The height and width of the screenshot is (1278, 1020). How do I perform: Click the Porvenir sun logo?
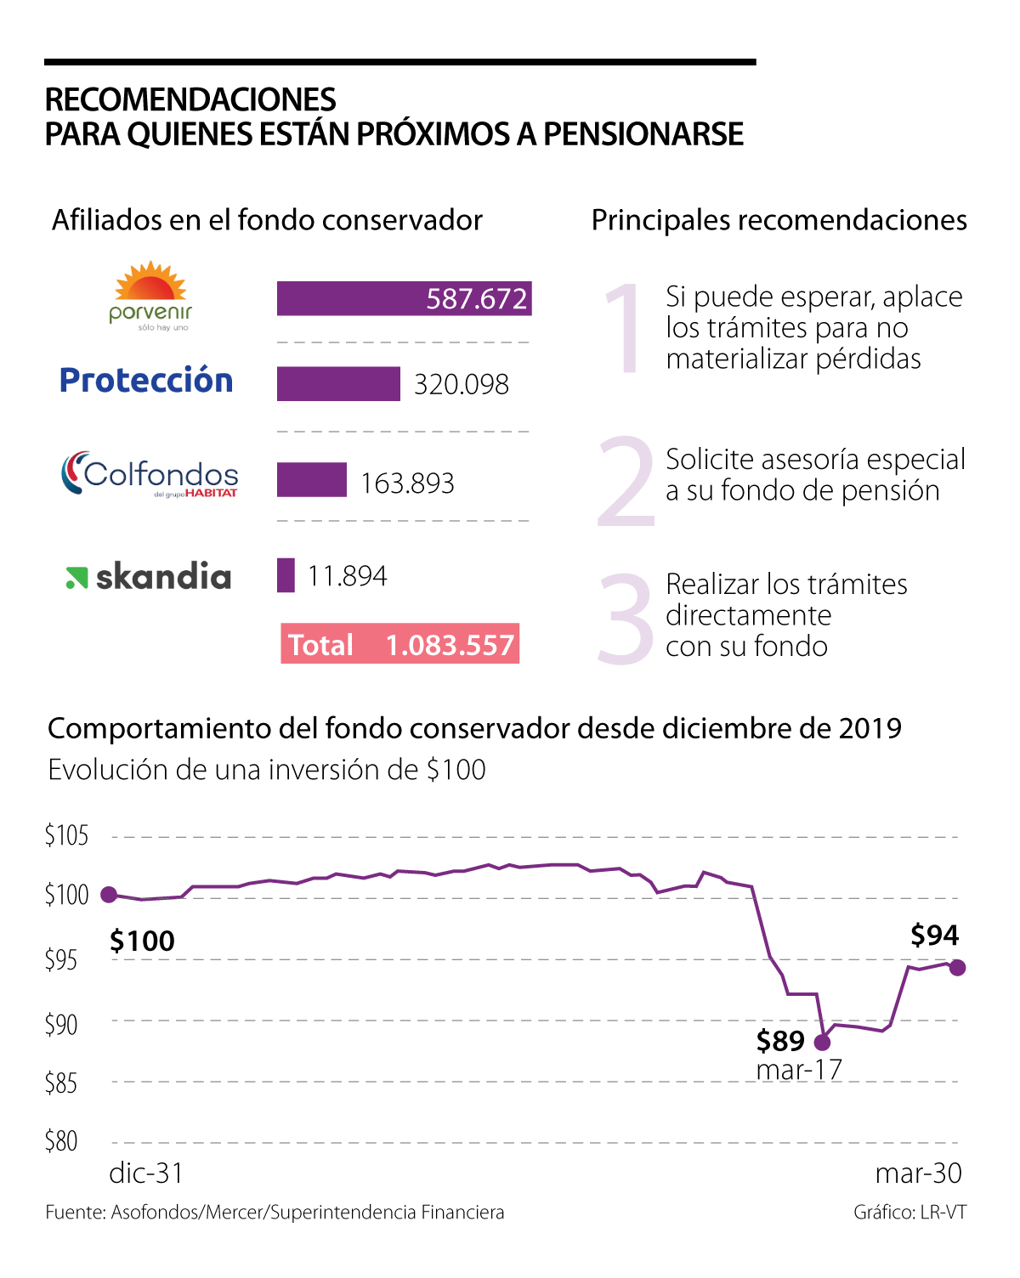[x=150, y=296]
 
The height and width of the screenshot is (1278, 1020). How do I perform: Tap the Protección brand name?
[x=146, y=381]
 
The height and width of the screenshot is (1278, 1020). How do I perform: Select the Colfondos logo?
[x=150, y=474]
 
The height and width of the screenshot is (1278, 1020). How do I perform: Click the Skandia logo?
[x=149, y=577]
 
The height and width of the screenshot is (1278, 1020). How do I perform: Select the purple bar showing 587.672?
[x=404, y=298]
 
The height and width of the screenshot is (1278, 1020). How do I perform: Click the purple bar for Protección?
[x=338, y=384]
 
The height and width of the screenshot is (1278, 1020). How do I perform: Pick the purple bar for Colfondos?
[x=312, y=480]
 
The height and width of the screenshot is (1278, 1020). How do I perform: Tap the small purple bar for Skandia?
[x=286, y=575]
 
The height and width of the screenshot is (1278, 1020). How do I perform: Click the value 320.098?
[x=462, y=385]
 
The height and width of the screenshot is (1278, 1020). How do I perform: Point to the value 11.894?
[x=347, y=576]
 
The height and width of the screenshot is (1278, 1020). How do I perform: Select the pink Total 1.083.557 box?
[x=399, y=644]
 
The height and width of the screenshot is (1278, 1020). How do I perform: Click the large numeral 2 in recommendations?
[x=626, y=482]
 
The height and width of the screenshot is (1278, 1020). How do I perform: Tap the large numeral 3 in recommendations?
[x=626, y=618]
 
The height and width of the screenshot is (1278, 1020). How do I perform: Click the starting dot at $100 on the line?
[x=109, y=894]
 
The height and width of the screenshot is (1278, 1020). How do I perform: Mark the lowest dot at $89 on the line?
[x=822, y=1042]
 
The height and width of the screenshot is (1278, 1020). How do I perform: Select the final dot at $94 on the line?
[x=957, y=968]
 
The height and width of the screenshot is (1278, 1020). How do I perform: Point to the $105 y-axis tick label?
[x=66, y=836]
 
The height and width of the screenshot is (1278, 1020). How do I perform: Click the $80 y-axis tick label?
[x=61, y=1141]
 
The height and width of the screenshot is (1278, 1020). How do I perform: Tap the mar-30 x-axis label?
[x=918, y=1173]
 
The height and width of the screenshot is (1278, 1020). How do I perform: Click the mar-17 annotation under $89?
[x=799, y=1070]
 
